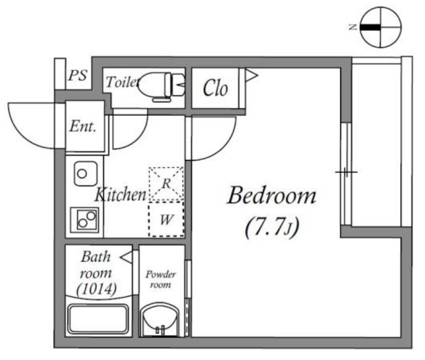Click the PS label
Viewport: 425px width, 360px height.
tap(78, 76)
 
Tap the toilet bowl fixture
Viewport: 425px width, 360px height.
tap(162, 86)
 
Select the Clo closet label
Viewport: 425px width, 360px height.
tap(215, 88)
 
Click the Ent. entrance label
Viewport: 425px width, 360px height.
tap(83, 126)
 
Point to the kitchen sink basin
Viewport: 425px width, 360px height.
tap(86, 173)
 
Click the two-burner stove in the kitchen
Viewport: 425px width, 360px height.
tap(85, 220)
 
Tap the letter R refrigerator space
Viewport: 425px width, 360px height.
tap(166, 184)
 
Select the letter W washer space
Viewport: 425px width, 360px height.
tap(166, 220)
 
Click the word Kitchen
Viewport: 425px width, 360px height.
tap(120, 194)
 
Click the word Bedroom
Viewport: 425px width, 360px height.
tap(272, 195)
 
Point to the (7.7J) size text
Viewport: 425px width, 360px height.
tap(272, 228)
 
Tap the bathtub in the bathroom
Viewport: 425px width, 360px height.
tap(98, 319)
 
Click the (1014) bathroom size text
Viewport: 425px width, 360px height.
tap(97, 289)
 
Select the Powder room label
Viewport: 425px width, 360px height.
tap(161, 280)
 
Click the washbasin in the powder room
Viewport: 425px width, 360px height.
tap(160, 320)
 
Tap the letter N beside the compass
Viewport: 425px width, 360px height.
tap(353, 27)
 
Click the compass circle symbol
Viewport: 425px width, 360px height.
tap(380, 27)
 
